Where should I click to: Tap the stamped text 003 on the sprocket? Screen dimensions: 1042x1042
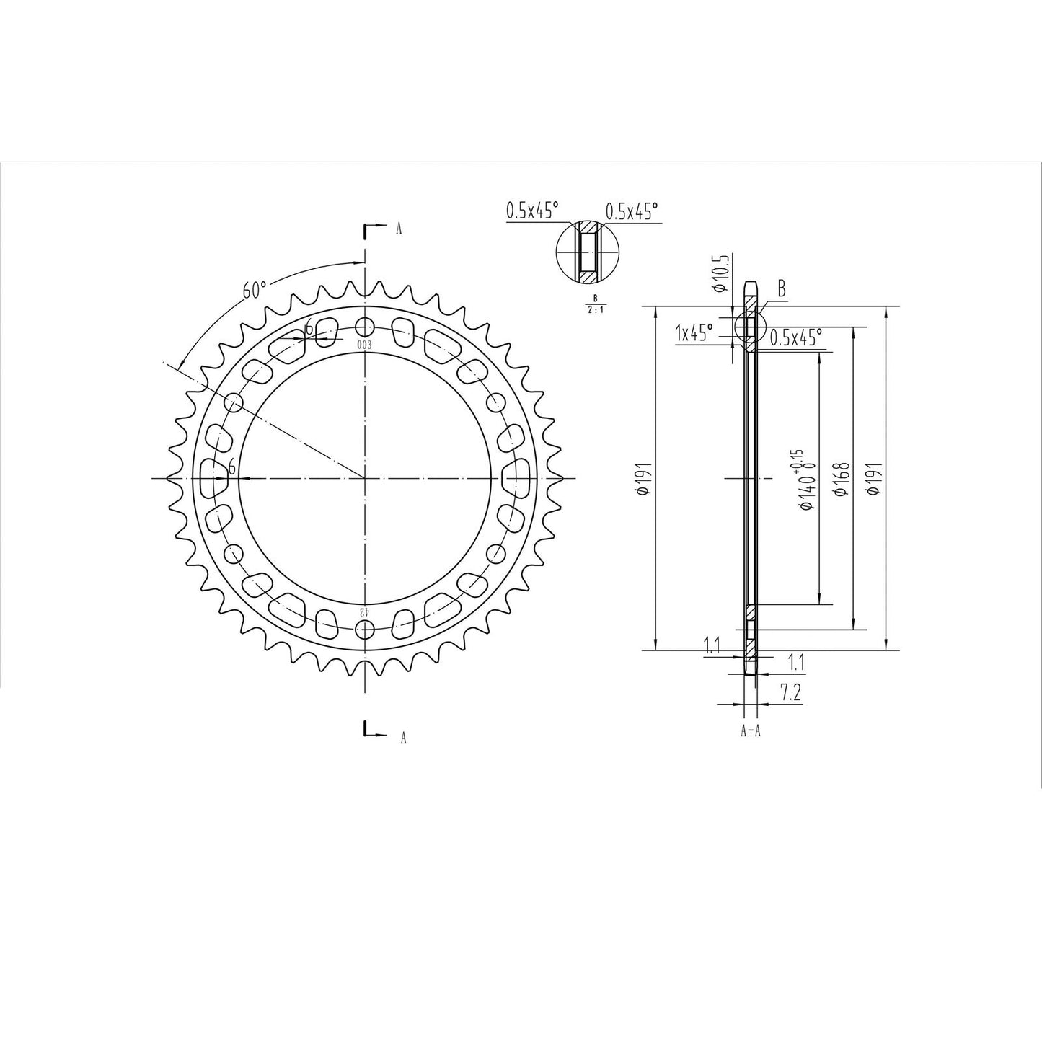[364, 345]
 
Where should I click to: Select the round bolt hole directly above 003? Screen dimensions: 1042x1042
[366, 325]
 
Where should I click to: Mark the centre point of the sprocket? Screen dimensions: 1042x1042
[366, 477]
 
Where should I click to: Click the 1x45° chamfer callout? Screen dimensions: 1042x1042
[694, 332]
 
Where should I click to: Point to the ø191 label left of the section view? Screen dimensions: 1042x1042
[645, 478]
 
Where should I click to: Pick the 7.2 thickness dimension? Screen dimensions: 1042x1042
[791, 693]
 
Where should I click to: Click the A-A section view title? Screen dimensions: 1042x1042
[751, 731]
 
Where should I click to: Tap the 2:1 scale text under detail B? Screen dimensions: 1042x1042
[595, 311]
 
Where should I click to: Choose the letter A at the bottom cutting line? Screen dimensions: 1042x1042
[403, 737]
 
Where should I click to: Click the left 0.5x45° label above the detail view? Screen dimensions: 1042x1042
[532, 211]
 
